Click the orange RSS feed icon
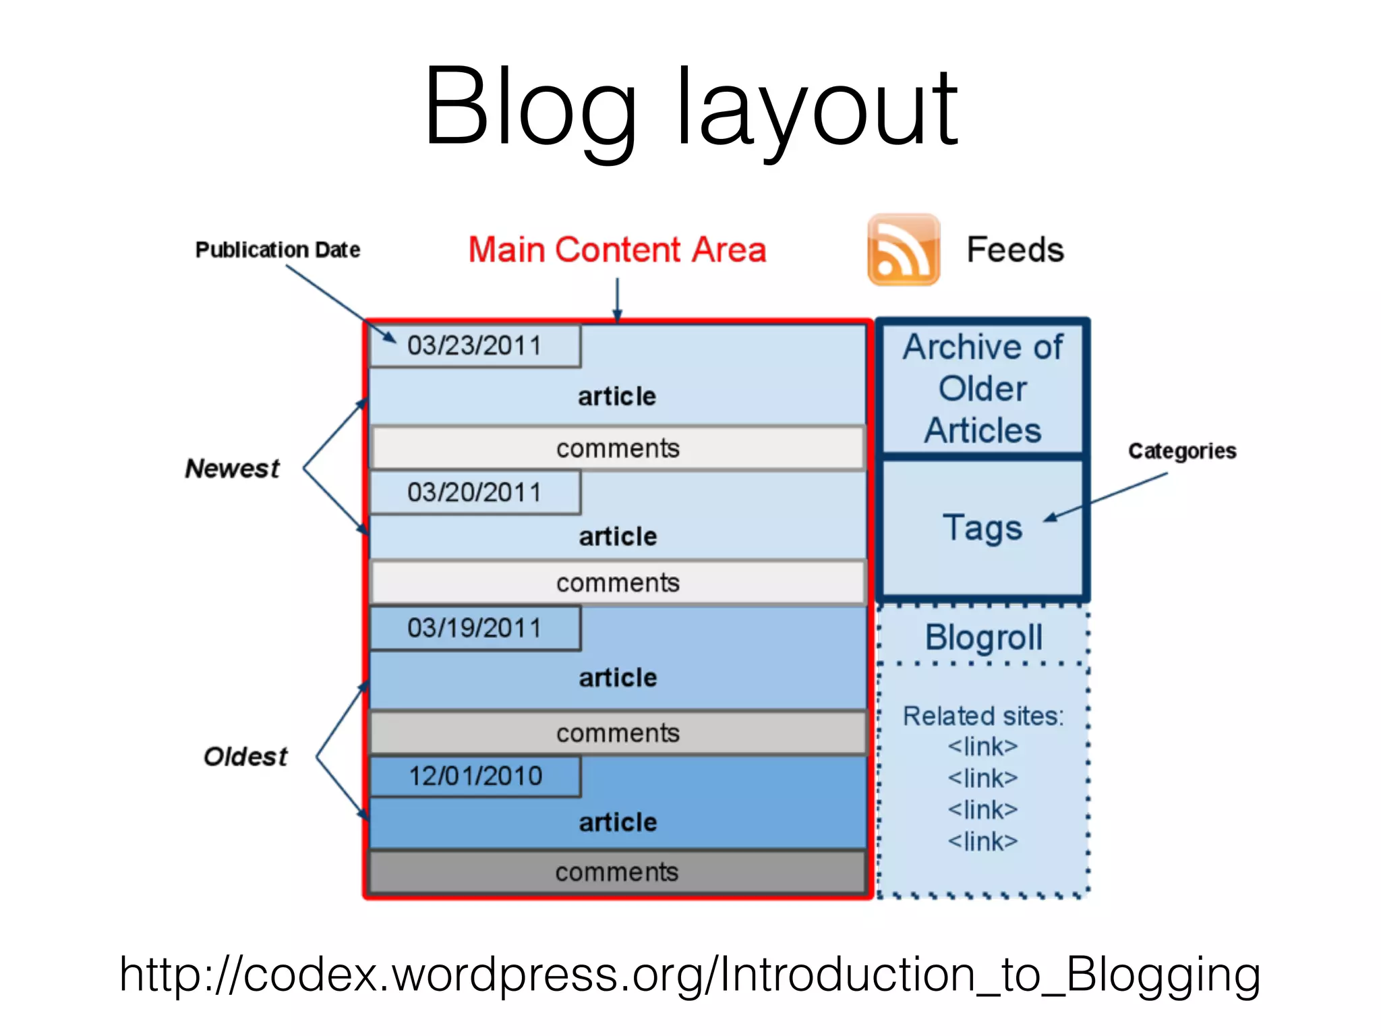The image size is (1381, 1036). (x=903, y=250)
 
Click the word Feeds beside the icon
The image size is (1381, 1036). (x=1015, y=250)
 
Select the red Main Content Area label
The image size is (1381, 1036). (x=617, y=250)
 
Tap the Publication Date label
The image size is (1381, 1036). (x=277, y=250)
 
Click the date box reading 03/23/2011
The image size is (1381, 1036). (x=475, y=346)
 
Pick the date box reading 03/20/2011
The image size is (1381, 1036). (x=475, y=492)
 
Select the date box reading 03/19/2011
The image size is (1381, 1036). (x=475, y=628)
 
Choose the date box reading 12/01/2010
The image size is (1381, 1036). (x=475, y=776)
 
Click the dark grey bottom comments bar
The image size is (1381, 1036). (x=617, y=872)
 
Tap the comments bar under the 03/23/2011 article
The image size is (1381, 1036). (x=617, y=448)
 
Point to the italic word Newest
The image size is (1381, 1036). (x=232, y=469)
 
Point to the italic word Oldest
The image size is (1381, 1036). (x=245, y=757)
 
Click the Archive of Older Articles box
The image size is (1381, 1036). (x=982, y=388)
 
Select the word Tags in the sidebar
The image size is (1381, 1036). (x=982, y=527)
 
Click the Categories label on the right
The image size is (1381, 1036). (x=1182, y=451)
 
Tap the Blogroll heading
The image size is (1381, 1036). (x=983, y=637)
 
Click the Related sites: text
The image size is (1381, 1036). (x=983, y=716)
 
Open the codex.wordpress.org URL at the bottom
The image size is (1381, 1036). (x=689, y=975)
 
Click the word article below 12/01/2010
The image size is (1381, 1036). (x=618, y=822)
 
